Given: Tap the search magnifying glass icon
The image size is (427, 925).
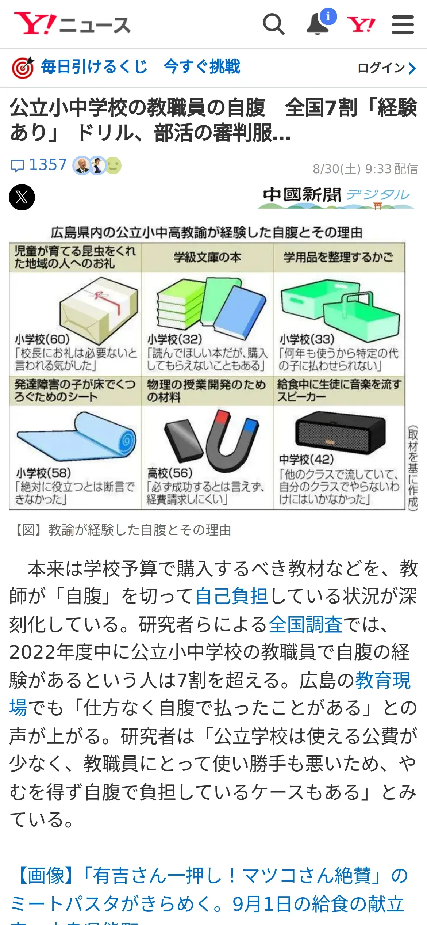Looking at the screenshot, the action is [x=273, y=24].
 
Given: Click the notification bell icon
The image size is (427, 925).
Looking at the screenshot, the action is [x=318, y=25].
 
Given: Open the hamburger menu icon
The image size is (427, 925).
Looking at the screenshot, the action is [x=403, y=25].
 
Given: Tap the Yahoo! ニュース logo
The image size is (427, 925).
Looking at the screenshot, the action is [x=72, y=24].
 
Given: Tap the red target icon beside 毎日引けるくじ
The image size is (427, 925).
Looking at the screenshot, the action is [x=23, y=68].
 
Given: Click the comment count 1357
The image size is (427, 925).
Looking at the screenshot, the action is [x=48, y=165].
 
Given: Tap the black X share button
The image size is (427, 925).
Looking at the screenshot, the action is [x=22, y=197].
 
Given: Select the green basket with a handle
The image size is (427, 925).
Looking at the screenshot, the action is [x=361, y=316].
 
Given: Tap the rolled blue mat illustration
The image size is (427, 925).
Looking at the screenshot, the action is [x=76, y=437].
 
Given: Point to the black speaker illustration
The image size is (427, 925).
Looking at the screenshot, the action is [x=340, y=433].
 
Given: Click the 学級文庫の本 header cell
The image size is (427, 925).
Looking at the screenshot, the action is [x=207, y=258].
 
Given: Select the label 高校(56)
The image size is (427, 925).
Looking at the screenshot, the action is [x=170, y=473].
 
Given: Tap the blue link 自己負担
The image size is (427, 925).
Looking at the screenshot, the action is [x=232, y=596].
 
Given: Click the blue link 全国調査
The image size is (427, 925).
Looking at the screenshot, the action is [x=306, y=624].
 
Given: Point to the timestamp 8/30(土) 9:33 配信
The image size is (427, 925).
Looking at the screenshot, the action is [x=365, y=169].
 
